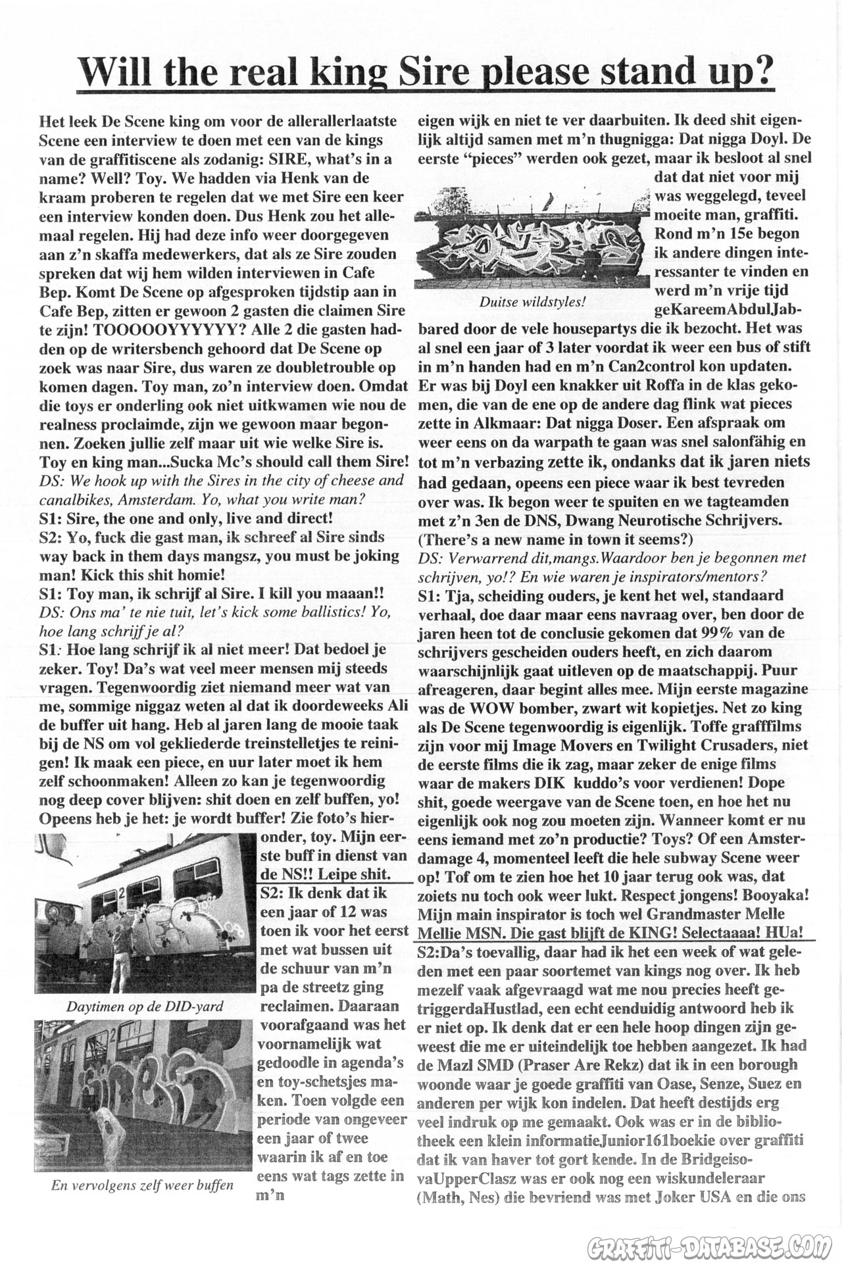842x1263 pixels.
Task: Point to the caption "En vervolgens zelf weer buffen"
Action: tap(142, 1185)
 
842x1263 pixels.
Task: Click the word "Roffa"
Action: tap(617, 385)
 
